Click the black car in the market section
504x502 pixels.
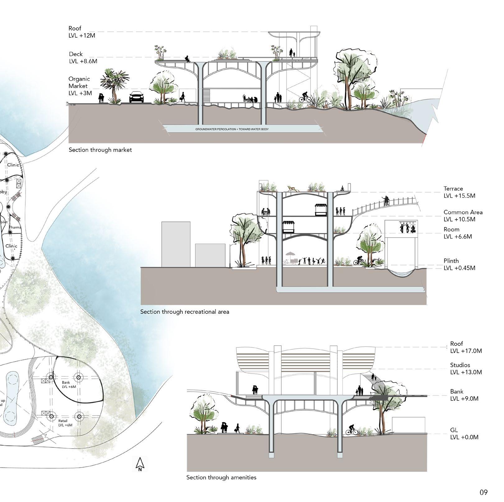(136, 97)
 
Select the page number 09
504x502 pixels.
(483, 492)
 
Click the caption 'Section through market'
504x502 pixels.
(100, 150)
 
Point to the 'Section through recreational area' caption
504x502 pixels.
(184, 312)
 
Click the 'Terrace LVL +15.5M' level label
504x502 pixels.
(459, 192)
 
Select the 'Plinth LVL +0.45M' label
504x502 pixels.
(459, 264)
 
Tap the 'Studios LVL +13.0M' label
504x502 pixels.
(466, 369)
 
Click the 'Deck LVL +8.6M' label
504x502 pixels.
(83, 58)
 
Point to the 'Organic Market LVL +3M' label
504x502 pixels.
(80, 86)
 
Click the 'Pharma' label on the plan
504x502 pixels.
(15, 227)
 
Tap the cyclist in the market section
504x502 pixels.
(304, 97)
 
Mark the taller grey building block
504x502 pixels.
(176, 244)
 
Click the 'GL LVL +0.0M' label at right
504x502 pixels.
(464, 434)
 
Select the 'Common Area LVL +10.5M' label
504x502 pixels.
(463, 216)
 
